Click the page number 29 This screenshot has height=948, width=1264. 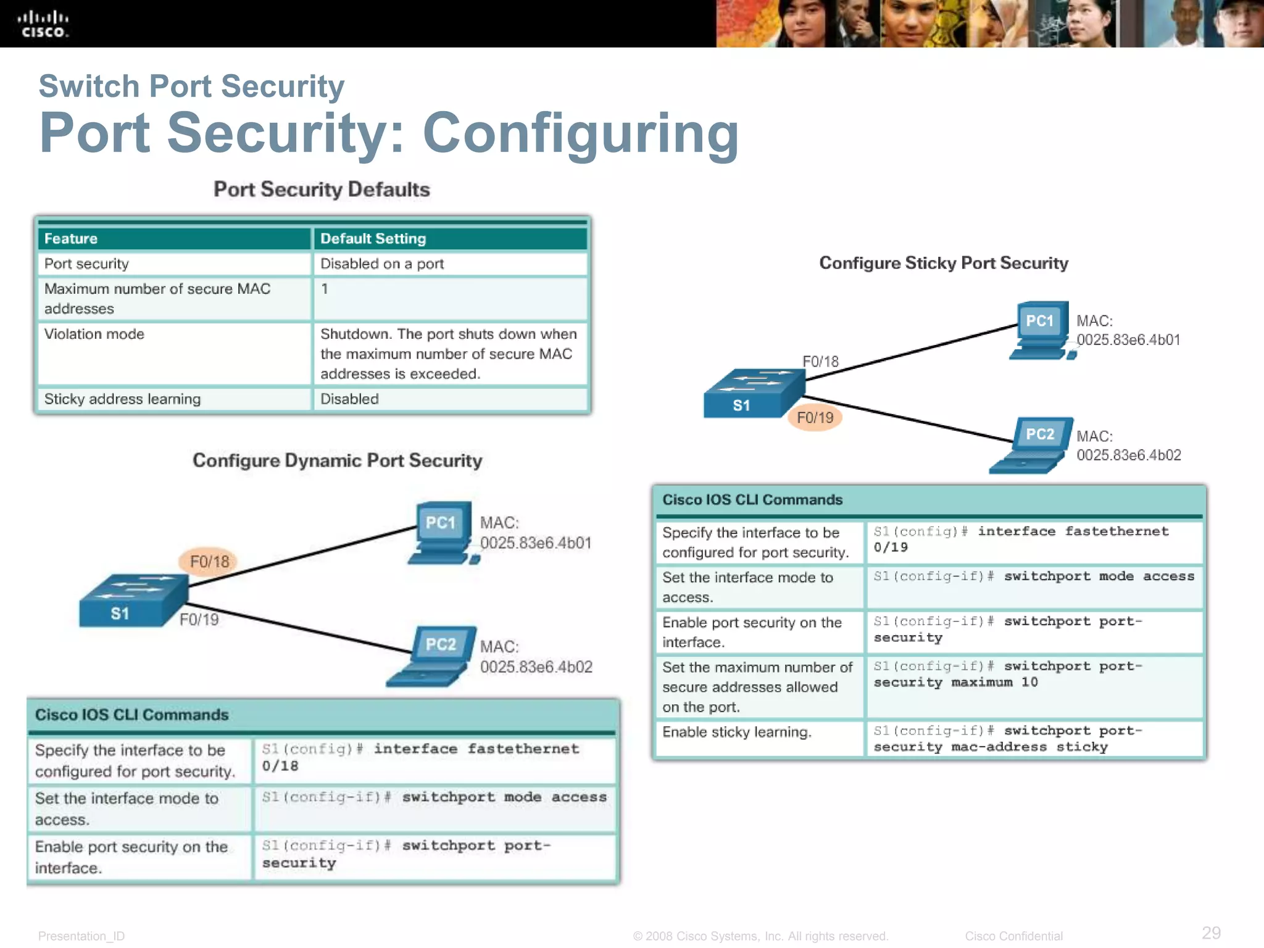click(x=1211, y=932)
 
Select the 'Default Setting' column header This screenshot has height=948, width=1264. click(x=373, y=239)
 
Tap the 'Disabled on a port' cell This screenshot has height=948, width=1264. click(x=382, y=264)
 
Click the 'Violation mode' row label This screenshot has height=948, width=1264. click(x=94, y=334)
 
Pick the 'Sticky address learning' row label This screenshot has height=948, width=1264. click(x=122, y=399)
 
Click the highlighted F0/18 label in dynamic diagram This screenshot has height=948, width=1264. click(x=209, y=562)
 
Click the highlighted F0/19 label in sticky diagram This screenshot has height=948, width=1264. click(x=815, y=418)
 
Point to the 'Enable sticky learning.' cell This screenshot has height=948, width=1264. click(x=737, y=733)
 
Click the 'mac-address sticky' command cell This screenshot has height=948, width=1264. click(x=1034, y=739)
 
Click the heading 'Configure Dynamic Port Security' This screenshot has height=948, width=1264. click(x=337, y=461)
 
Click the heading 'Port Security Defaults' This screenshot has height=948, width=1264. click(x=322, y=189)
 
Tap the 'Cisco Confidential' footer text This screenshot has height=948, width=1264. click(x=1013, y=936)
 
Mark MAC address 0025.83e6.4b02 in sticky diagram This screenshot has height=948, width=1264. click(x=1128, y=455)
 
